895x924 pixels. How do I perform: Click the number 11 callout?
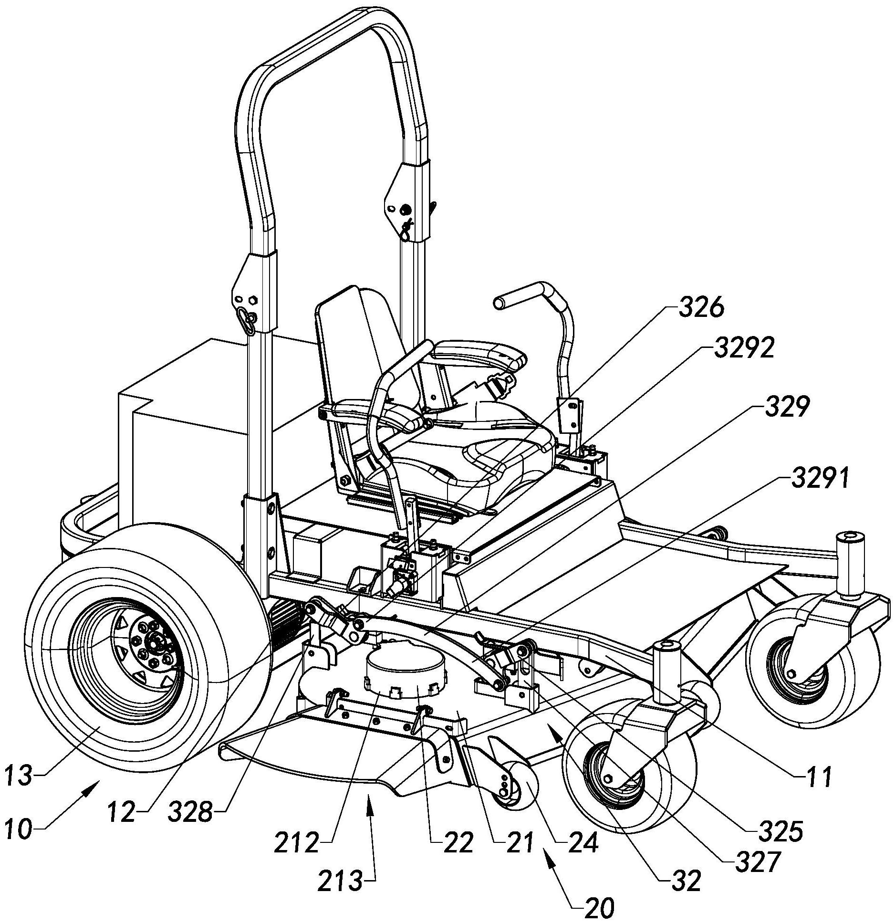pos(818,777)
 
